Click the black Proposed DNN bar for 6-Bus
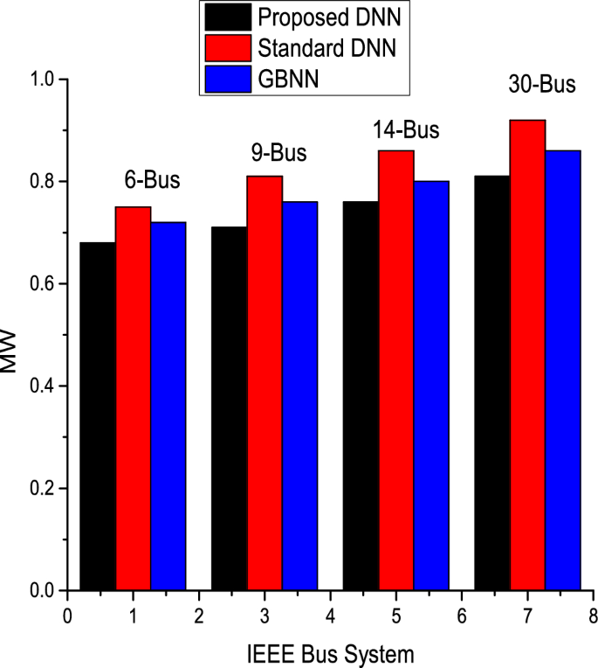point(98,416)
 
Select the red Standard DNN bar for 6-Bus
point(133,399)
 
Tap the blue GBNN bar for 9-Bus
point(299,396)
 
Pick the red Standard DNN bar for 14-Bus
point(396,370)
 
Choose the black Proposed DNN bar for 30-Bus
point(492,383)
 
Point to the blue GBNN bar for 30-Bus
point(563,370)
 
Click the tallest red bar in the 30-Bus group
point(528,355)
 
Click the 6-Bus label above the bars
point(152,180)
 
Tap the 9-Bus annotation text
point(278,153)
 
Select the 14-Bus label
point(406,130)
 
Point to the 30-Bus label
point(542,84)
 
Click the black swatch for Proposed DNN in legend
point(228,17)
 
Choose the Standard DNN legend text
point(326,48)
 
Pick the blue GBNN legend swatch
point(228,79)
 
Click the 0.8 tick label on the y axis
point(43,182)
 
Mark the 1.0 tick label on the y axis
point(43,80)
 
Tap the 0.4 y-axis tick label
point(43,386)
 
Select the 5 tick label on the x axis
point(396,616)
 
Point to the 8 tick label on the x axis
point(593,616)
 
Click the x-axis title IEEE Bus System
point(331,654)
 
